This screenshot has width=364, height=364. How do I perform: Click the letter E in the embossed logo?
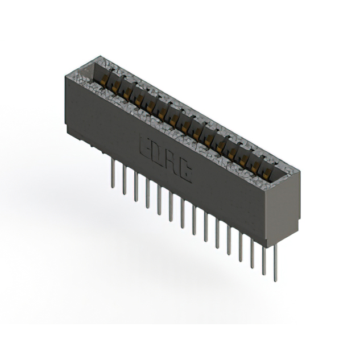[146, 146]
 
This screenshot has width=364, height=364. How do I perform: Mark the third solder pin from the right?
[252, 247]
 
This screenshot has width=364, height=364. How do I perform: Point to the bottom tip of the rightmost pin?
[275, 280]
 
